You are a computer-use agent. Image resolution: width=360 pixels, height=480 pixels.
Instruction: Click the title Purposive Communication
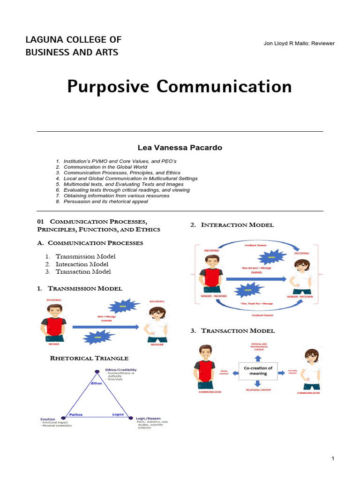coord(180,87)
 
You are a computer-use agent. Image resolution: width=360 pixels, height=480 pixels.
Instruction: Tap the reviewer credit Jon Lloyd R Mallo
coord(299,44)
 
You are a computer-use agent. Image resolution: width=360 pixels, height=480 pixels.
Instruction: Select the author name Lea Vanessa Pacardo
coord(180,148)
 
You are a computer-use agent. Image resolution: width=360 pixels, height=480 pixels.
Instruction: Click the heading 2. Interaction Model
coord(232,225)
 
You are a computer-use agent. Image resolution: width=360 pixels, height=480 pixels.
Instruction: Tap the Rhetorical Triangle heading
coord(89,359)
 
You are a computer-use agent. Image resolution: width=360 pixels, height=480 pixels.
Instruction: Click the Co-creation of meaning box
coord(258,371)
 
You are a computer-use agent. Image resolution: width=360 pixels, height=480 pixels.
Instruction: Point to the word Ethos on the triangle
coord(96,383)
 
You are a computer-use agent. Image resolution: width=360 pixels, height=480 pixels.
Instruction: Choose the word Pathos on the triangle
coord(76,414)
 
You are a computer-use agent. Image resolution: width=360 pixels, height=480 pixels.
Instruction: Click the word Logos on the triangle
coord(118,414)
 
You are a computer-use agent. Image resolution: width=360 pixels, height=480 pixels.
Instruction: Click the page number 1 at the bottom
coord(333,458)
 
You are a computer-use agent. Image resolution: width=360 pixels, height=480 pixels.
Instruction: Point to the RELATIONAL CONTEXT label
coord(258,390)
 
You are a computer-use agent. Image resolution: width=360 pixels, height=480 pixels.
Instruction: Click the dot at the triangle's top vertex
coord(97,372)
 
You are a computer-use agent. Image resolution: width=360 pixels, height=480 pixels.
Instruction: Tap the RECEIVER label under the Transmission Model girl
coord(157,344)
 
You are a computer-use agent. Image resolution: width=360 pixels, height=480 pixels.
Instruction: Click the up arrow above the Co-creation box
coord(258,357)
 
